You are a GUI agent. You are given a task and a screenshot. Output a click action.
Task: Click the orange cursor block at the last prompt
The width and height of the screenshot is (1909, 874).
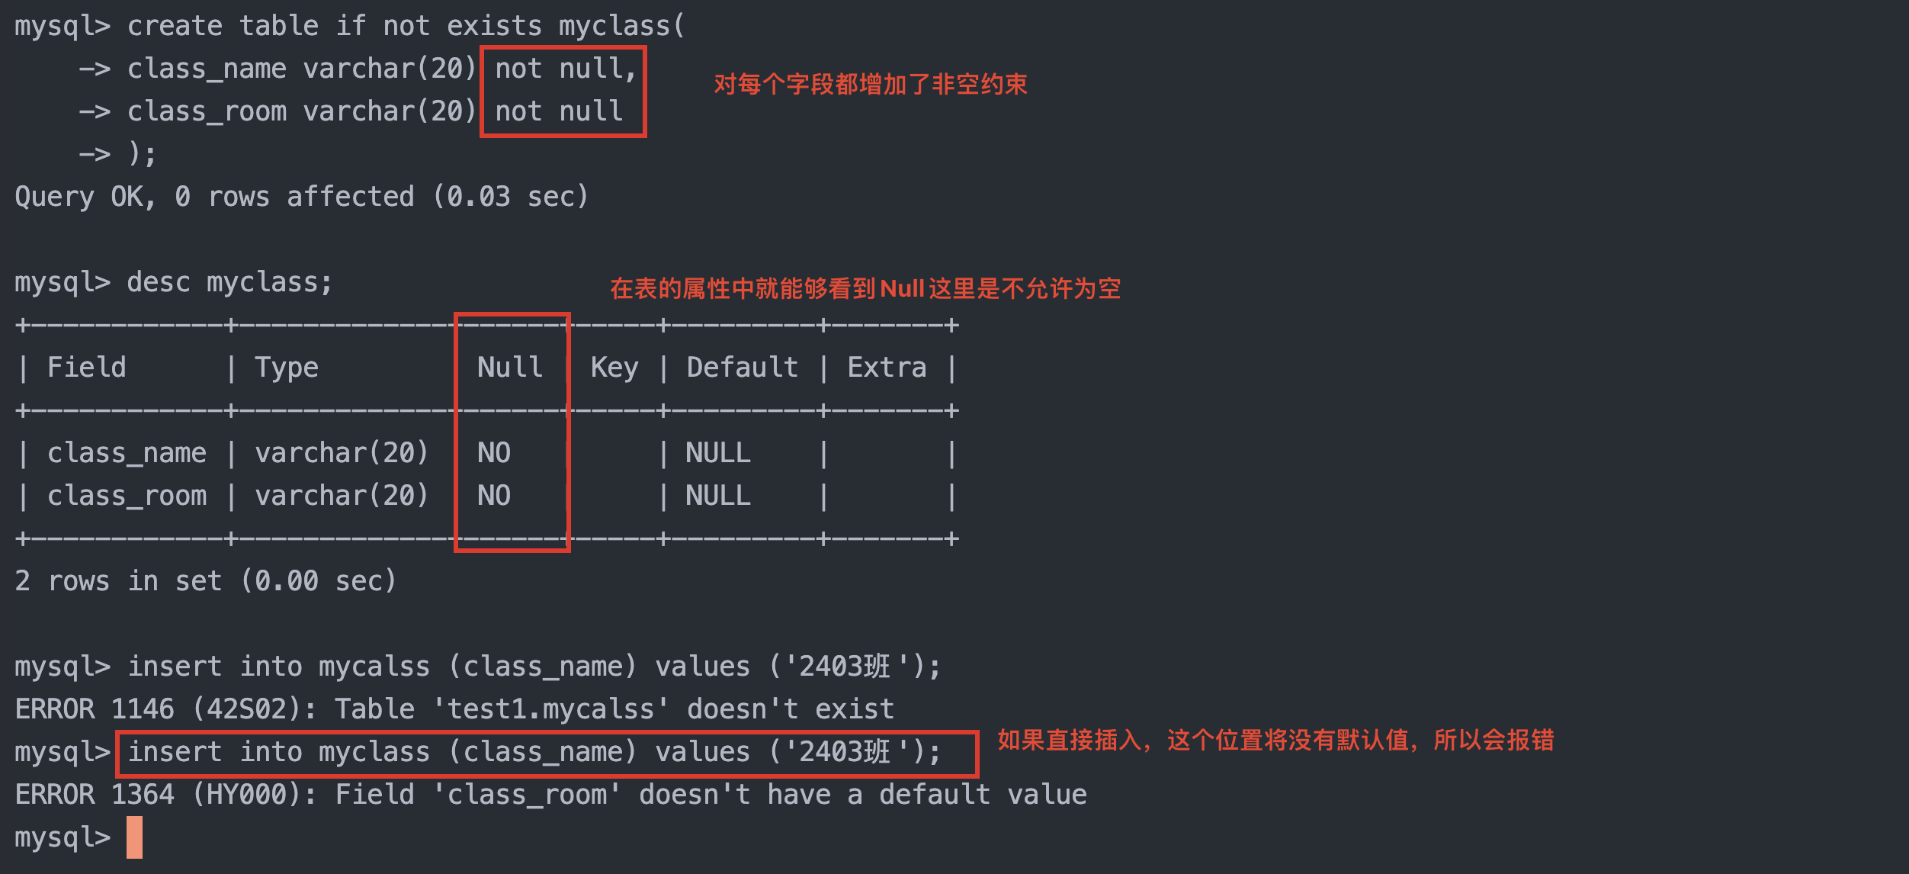point(134,837)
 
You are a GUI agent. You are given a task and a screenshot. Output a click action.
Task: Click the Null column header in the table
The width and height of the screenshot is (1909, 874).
point(509,368)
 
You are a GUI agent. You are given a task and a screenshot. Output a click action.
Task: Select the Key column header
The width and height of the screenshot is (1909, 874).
point(614,368)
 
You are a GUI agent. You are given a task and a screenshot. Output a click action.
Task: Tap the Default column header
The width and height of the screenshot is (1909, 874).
point(742,368)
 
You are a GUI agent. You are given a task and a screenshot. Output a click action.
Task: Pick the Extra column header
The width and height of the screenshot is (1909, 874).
point(887,368)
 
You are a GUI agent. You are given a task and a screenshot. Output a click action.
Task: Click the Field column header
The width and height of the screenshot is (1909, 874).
point(86,368)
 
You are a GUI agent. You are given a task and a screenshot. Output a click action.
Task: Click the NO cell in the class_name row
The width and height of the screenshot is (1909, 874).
point(493,453)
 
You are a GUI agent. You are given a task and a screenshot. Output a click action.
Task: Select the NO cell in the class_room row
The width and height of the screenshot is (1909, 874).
point(493,496)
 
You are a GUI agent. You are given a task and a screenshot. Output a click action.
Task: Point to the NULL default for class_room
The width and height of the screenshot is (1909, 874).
point(717,496)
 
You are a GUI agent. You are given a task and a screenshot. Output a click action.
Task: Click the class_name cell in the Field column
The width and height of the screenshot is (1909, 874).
point(127,453)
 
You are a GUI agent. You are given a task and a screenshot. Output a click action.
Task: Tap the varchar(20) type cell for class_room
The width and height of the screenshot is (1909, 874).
point(342,496)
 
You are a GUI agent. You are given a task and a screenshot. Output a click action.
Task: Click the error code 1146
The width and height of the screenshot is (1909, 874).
point(143,709)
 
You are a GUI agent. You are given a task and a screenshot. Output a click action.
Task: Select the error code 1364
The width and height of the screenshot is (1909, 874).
point(143,795)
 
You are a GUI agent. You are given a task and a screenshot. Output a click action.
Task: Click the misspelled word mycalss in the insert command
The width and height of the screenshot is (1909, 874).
point(374,667)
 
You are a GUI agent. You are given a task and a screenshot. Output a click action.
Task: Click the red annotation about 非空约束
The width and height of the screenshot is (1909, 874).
point(870,84)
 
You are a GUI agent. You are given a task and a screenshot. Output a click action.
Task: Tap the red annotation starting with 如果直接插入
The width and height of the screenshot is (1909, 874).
point(1275,740)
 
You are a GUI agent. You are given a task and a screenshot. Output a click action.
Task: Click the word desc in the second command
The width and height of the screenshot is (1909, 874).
point(158,282)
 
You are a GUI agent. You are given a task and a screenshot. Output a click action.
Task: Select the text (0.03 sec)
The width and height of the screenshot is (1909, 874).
point(510,197)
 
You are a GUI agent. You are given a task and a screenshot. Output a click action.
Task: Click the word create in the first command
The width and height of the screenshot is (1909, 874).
point(175,26)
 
